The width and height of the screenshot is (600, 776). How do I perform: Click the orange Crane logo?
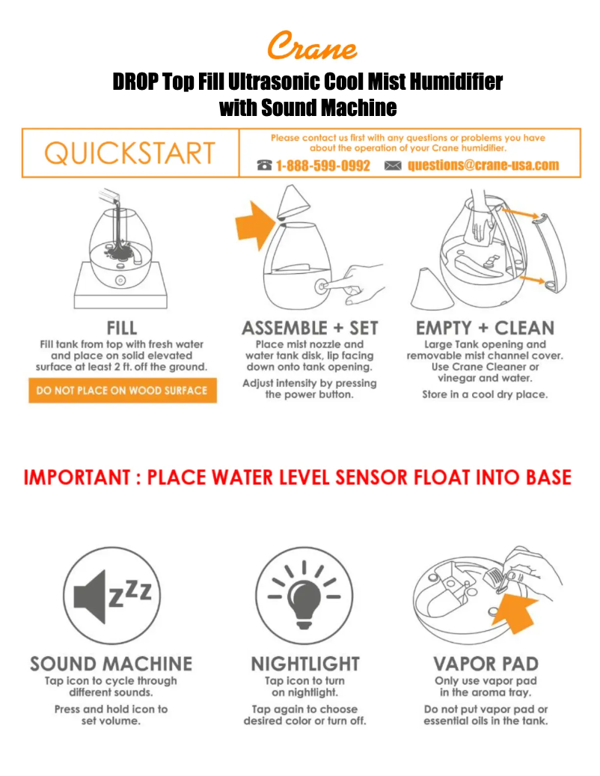312,46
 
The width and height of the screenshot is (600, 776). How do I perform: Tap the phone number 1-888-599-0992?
323,165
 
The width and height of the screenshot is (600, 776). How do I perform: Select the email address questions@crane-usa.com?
483,165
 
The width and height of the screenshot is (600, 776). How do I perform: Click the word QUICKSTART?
130,153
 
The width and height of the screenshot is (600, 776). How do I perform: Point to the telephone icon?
265,165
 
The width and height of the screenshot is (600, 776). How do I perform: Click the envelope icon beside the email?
393,165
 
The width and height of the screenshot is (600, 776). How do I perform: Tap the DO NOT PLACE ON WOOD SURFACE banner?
122,391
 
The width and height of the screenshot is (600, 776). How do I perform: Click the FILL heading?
122,328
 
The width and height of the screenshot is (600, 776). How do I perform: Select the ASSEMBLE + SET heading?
310,328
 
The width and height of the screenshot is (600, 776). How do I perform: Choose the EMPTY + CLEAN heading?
485,328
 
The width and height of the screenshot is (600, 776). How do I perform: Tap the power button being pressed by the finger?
322,287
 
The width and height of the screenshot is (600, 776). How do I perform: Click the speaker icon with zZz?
111,596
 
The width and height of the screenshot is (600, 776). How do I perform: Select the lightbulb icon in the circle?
304,596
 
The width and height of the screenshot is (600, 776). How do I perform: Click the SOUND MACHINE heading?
111,664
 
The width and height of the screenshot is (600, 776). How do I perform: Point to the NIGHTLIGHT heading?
305,664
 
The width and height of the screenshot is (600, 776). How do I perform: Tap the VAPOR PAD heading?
486,664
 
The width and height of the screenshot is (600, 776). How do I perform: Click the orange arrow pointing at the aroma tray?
515,614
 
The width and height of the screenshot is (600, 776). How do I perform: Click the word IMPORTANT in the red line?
77,477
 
